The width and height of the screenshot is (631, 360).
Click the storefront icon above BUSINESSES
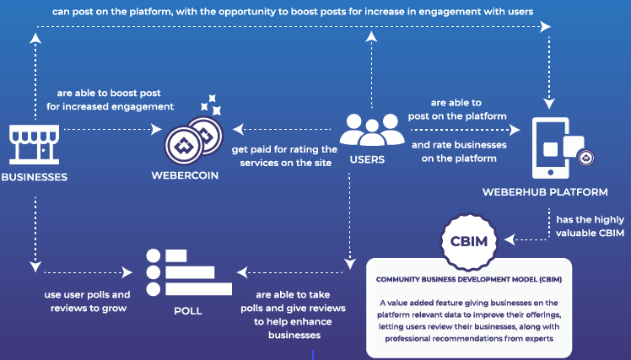point(35,143)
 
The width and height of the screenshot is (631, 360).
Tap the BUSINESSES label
point(35,177)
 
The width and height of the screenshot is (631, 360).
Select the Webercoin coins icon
point(191,138)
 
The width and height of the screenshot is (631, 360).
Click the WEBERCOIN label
point(185,177)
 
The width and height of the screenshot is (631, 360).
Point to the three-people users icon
point(371,130)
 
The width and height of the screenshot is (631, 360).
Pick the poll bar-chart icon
point(187,271)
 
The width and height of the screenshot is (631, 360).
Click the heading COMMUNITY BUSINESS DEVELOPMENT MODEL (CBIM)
point(469,280)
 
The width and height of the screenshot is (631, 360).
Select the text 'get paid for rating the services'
point(283,156)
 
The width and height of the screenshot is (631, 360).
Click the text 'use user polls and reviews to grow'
point(87,301)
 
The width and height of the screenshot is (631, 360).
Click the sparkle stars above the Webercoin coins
point(211,105)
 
